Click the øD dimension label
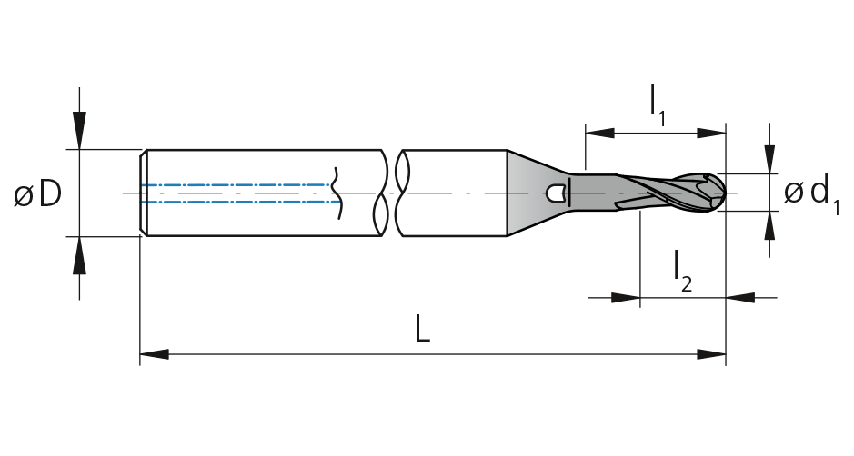pyautogui.click(x=37, y=194)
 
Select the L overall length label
pyautogui.click(x=422, y=329)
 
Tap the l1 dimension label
pyautogui.click(x=658, y=106)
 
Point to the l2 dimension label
pyautogui.click(x=683, y=271)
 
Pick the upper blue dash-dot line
pyautogui.click(x=237, y=185)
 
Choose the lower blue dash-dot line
pyautogui.click(x=241, y=202)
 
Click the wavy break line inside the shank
pyautogui.click(x=337, y=193)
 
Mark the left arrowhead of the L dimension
pyautogui.click(x=154, y=354)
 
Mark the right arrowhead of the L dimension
pyautogui.click(x=711, y=354)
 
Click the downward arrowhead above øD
pyautogui.click(x=79, y=130)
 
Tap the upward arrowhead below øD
pyautogui.click(x=79, y=256)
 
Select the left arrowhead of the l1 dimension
pyautogui.click(x=599, y=134)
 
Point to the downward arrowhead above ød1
pyautogui.click(x=769, y=159)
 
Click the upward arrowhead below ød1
pyautogui.click(x=769, y=226)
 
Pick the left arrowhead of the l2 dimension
pyautogui.click(x=626, y=298)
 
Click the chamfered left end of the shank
pyautogui.click(x=143, y=193)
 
